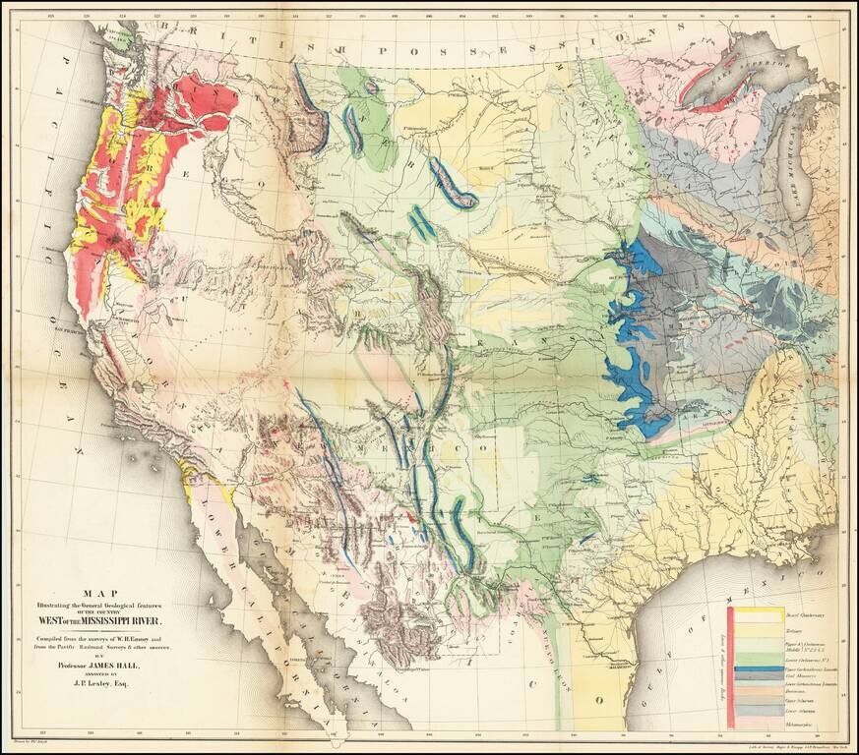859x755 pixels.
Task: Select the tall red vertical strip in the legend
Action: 731,668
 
